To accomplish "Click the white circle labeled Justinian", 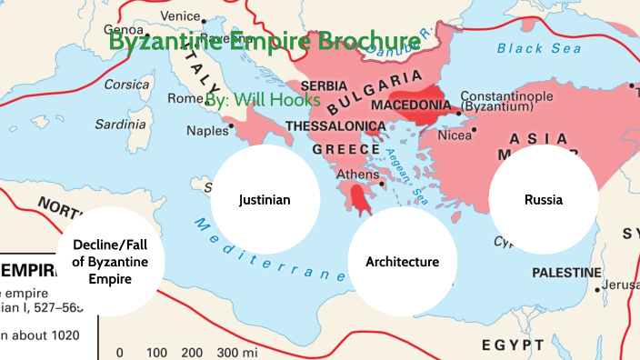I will click(x=265, y=199).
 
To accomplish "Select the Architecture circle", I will click(x=402, y=262).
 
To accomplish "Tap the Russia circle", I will click(x=544, y=199).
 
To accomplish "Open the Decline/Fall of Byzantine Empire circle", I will click(x=111, y=262).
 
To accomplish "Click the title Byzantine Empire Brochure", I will click(x=265, y=40).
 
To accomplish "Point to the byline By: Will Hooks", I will click(x=263, y=99).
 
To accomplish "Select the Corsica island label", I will click(x=126, y=85).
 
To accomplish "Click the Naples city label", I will click(x=207, y=130).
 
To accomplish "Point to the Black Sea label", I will click(x=531, y=47).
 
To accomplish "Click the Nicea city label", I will click(x=481, y=135).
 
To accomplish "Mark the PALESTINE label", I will click(x=565, y=273).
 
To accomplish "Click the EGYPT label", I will click(x=513, y=345).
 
